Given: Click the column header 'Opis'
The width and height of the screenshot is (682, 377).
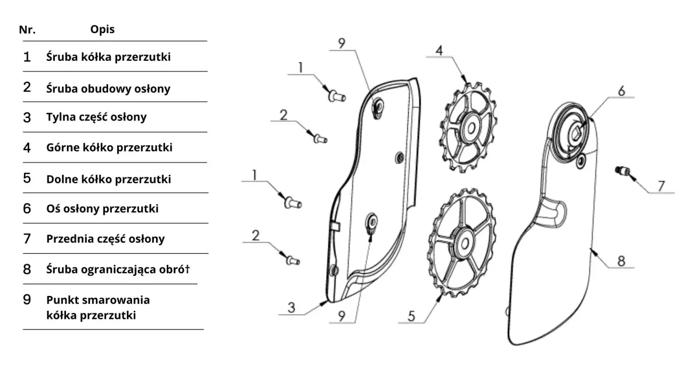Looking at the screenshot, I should tap(102, 29).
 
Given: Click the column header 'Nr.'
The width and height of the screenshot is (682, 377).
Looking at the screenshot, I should tap(27, 29).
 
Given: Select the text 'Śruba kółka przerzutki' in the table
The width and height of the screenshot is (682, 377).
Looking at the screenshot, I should tap(108, 57).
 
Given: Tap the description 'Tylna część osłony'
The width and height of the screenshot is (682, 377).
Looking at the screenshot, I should tap(96, 117).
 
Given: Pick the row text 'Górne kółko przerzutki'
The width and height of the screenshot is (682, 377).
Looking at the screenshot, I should tap(109, 147).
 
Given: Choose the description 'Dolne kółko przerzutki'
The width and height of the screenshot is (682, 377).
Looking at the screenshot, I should tap(108, 179).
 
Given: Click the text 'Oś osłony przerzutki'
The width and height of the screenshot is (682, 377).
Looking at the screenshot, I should tap(102, 208).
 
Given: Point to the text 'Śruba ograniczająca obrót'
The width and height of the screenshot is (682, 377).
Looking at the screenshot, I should tap(118, 269).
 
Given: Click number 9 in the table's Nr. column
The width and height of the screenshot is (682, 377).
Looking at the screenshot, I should tap(27, 300).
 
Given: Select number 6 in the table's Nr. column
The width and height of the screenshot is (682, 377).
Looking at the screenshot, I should tap(27, 208).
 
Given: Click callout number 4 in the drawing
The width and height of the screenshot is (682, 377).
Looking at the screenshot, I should tap(439, 51).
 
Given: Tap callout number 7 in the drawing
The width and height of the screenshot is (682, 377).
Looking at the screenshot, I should tap(661, 186).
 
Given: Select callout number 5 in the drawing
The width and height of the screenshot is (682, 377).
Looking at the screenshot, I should tap(411, 316).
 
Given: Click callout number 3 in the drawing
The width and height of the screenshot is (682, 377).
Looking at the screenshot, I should tap(291, 308).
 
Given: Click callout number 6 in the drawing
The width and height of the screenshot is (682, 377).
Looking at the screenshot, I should tap(621, 91).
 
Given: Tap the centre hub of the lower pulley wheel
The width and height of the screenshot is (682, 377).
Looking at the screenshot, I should tap(462, 243).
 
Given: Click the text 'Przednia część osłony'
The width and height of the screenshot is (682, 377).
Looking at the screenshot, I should tap(105, 239).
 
